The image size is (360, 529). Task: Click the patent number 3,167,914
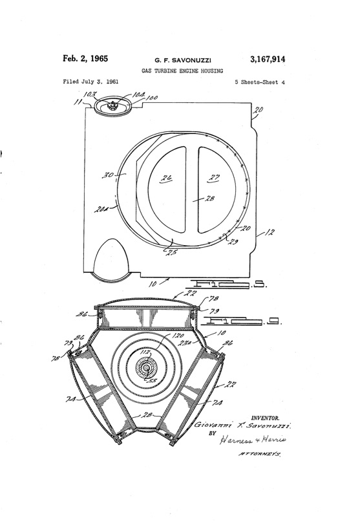coord(266,60)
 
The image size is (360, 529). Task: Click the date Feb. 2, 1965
coord(85,59)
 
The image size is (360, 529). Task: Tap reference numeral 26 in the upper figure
coord(166,178)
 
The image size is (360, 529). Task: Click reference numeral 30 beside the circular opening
coord(109,175)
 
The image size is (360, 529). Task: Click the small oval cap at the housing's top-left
coord(113,107)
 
